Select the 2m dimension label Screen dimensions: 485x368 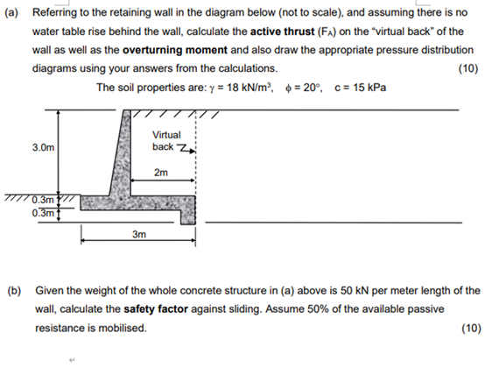tap(160, 173)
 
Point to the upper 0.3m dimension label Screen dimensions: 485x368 tap(41, 200)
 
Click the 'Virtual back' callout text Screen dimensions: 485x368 tap(166, 140)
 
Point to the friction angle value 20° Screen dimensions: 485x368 tap(312, 88)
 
